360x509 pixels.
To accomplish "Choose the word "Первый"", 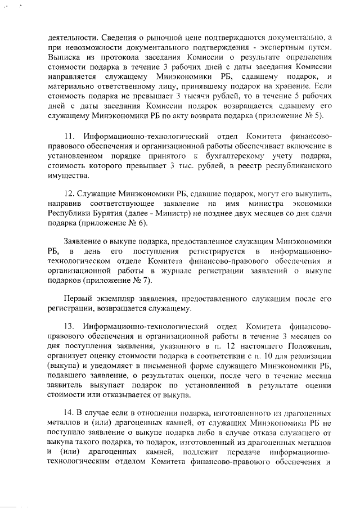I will coord(76,299).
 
